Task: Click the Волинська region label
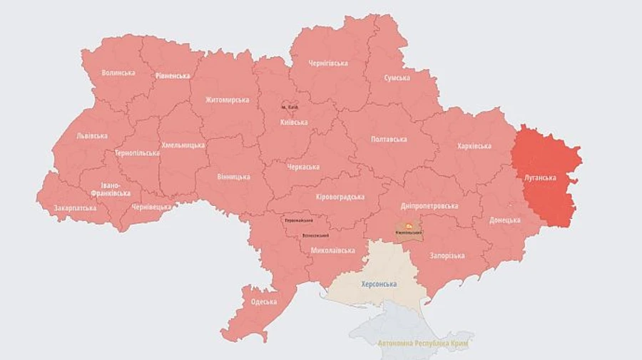118,73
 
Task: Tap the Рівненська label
173,76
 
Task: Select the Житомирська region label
227,100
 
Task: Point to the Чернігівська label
328,63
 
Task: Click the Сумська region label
397,78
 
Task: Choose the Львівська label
92,135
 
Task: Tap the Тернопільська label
136,153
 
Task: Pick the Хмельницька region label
183,145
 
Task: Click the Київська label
294,122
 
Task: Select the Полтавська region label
389,140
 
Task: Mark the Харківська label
474,146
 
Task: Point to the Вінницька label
233,176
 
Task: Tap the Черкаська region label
302,168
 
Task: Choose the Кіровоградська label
340,197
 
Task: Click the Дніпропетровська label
429,205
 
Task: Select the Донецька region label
504,220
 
